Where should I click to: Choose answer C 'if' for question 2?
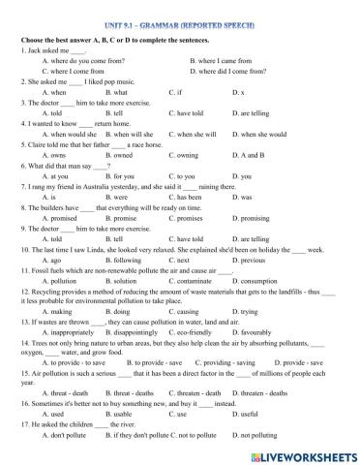(x=177, y=92)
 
